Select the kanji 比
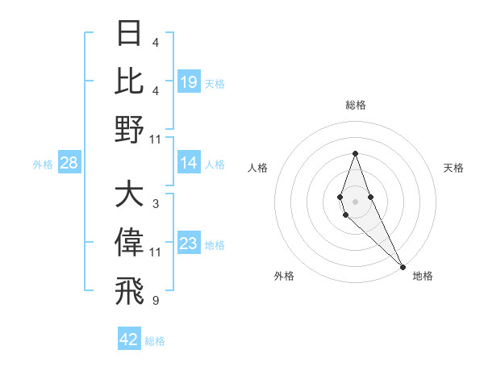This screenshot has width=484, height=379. point(130,81)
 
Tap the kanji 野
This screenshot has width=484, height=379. point(130,128)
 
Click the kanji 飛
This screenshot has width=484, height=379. point(130,289)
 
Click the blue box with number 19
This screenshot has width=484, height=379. point(189,82)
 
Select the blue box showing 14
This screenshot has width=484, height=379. point(189,164)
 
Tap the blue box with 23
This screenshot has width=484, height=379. point(189,244)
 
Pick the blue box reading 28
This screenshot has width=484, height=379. point(69,164)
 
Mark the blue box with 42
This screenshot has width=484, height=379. point(129,339)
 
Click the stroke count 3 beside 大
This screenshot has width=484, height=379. point(156,204)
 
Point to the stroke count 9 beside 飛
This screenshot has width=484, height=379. point(156,300)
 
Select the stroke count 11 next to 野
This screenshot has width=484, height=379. point(156,139)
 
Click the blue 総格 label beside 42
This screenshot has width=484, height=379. point(155,341)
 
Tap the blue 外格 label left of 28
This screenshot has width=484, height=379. point(43,165)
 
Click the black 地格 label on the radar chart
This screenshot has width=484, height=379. point(423,276)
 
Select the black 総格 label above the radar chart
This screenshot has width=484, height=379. point(355,105)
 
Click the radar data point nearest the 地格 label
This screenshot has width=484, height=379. point(402,266)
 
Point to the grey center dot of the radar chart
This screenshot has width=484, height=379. point(355,201)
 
